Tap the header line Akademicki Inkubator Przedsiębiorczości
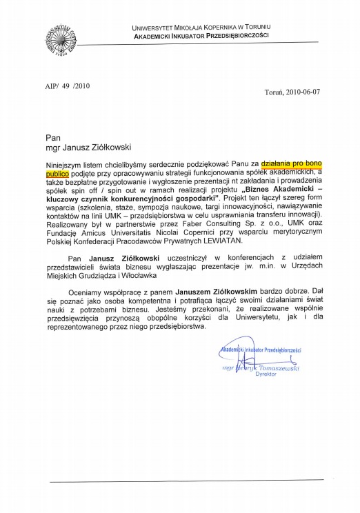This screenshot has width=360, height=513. (x=200, y=34)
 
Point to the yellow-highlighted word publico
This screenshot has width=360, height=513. (x=59, y=175)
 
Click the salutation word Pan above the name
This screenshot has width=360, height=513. (x=49, y=137)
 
